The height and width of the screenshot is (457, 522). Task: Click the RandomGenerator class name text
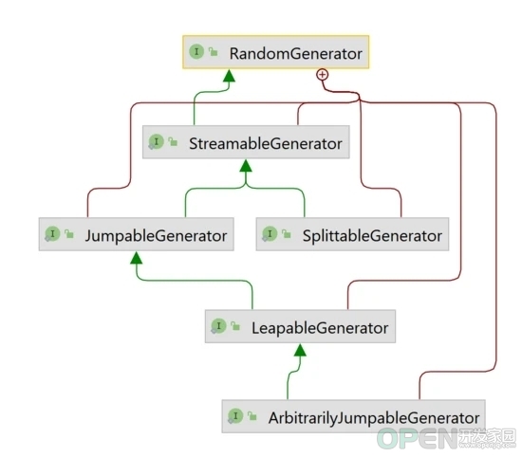[295, 53]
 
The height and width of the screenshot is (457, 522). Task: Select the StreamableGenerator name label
[266, 143]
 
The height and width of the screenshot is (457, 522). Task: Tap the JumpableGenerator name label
[156, 236]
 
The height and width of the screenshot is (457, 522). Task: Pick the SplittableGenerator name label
[372, 236]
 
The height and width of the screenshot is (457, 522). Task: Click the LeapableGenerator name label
[320, 328]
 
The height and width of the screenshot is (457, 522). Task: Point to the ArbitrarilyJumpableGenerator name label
[374, 418]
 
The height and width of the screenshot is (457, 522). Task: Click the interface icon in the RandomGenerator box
[196, 51]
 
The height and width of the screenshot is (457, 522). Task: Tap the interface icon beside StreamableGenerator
[156, 142]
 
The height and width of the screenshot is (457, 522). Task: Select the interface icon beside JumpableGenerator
[52, 234]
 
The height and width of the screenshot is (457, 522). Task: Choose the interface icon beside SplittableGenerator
[270, 234]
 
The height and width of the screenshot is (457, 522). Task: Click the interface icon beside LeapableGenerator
[218, 326]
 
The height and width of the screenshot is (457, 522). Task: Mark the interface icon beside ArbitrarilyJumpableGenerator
[235, 416]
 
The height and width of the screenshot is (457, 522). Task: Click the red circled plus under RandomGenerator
[323, 75]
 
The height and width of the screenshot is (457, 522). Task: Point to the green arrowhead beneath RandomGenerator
[229, 76]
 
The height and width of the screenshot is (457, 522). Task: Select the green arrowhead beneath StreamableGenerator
[246, 166]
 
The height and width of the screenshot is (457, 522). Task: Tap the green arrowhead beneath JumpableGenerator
[136, 258]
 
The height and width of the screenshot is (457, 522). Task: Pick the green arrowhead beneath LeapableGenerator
[300, 350]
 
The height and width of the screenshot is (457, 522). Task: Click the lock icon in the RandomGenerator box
[213, 51]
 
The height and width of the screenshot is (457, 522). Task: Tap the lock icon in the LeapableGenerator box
[235, 326]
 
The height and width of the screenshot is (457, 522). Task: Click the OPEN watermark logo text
[418, 438]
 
